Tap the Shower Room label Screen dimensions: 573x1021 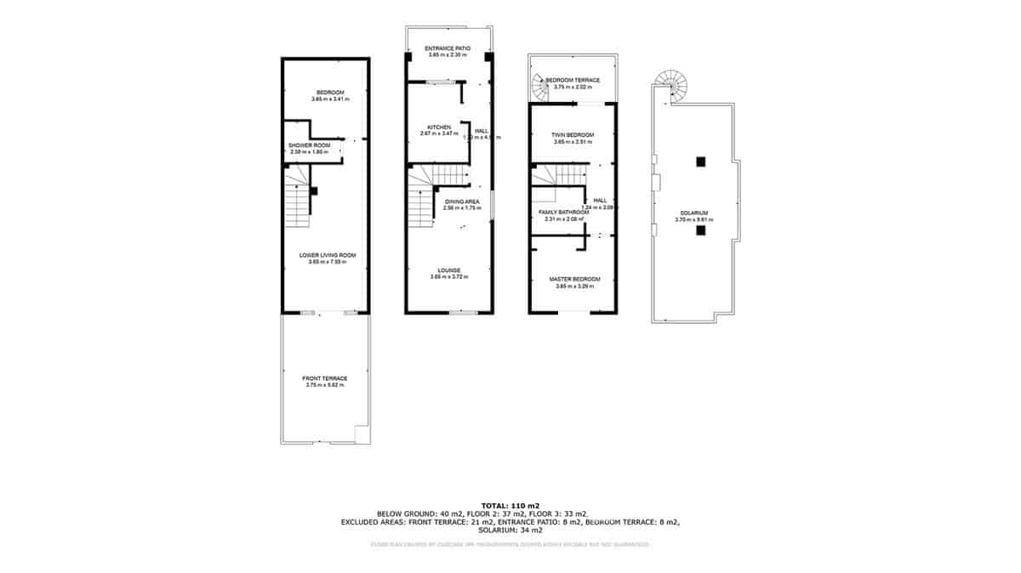(x=309, y=145)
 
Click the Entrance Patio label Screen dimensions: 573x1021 (x=448, y=48)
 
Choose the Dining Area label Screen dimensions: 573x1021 (x=462, y=201)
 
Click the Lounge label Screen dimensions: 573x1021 (x=450, y=270)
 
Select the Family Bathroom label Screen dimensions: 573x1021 (x=563, y=213)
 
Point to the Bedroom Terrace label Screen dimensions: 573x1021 (x=578, y=80)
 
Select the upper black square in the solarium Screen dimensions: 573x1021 (x=699, y=162)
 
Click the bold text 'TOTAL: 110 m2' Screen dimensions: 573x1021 (x=510, y=505)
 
